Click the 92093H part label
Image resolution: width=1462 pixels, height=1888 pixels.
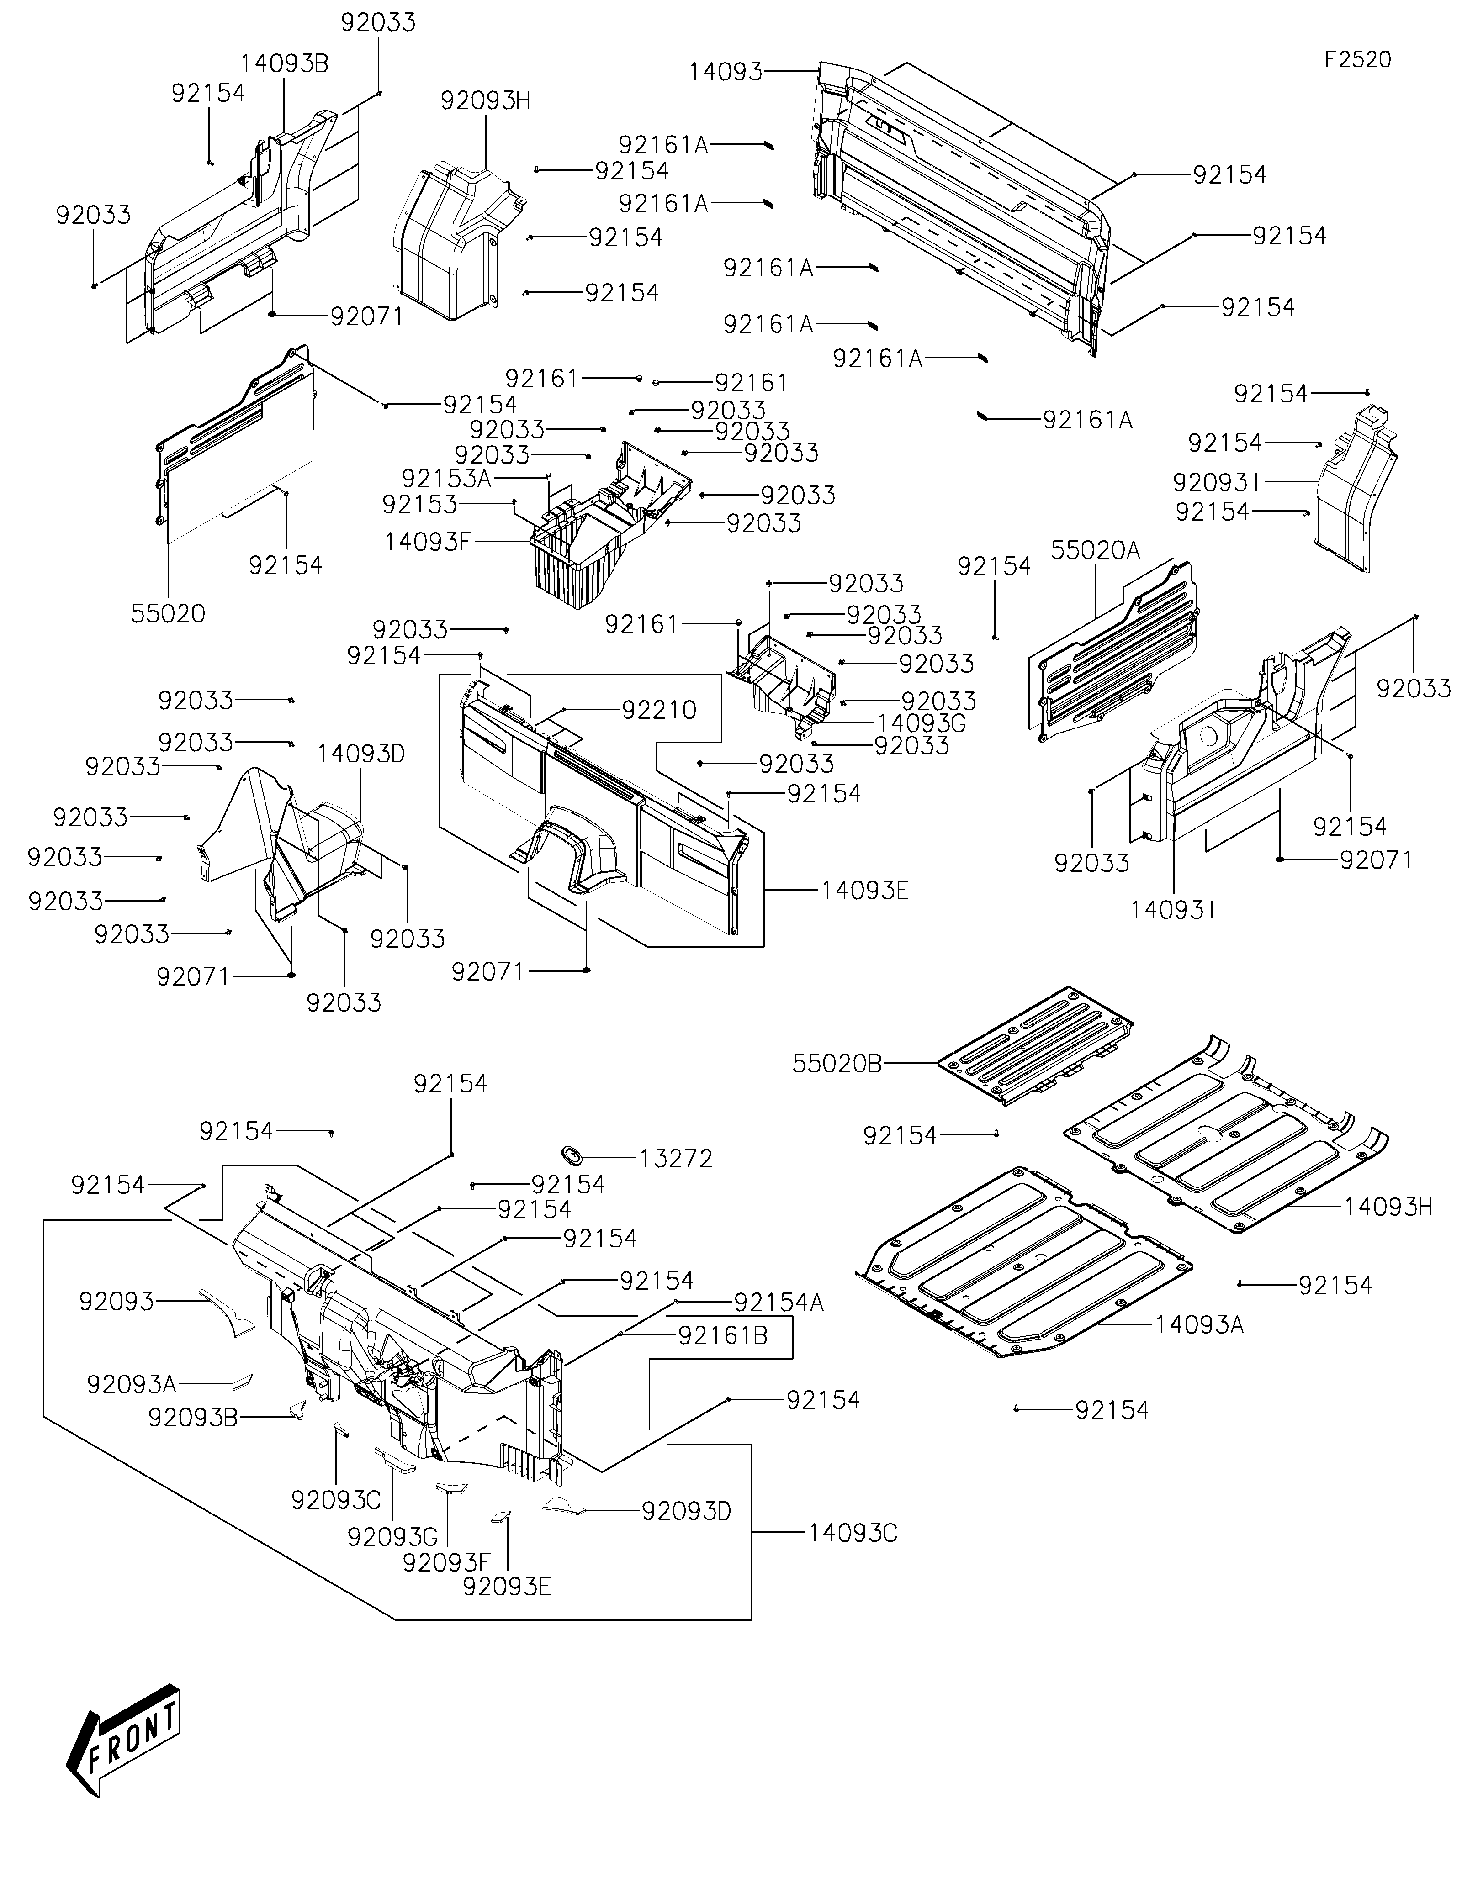tap(486, 100)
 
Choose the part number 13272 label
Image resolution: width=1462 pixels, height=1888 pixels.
tap(676, 1158)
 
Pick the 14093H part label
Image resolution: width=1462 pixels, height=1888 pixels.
tap(1388, 1207)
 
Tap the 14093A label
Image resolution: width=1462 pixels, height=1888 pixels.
tap(1200, 1324)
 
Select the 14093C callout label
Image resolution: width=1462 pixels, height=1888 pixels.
tap(853, 1533)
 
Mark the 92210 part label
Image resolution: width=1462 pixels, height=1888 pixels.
tap(659, 710)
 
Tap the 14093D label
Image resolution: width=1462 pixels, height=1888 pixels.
tap(360, 754)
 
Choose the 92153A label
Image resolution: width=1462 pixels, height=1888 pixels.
tap(446, 478)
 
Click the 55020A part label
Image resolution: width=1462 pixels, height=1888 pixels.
tap(1096, 550)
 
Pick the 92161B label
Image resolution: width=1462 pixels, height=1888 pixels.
tap(723, 1335)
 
